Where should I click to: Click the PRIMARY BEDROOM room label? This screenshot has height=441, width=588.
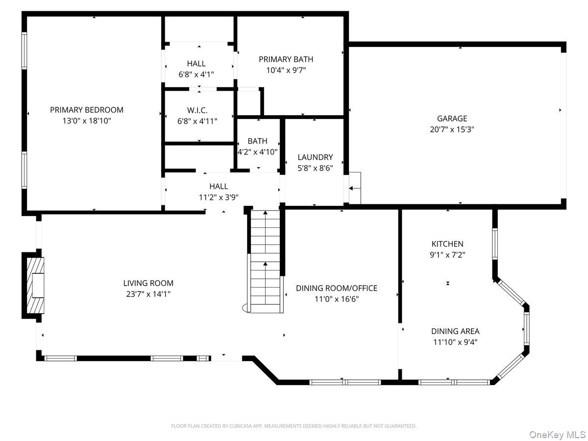87,110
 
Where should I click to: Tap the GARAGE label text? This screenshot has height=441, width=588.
452,119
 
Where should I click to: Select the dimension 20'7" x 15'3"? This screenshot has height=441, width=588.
452,129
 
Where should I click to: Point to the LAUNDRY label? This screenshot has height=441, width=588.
315,157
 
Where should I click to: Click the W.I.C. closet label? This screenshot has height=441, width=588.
197,110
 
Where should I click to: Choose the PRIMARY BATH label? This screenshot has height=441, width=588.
286,59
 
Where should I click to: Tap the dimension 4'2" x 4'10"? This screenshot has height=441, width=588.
257,152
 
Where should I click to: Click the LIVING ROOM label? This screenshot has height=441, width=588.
148,283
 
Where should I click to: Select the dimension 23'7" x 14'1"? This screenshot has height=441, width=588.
148,294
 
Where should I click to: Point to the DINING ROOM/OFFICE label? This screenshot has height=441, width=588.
337,288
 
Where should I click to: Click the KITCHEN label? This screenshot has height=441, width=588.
447,244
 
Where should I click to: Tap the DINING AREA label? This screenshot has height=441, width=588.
455,331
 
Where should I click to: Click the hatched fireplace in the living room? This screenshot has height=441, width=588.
35,286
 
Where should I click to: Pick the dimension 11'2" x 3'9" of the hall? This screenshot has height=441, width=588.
219,197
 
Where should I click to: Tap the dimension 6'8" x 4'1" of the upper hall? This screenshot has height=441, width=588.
196,74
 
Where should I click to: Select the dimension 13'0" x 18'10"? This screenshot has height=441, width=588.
87,121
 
